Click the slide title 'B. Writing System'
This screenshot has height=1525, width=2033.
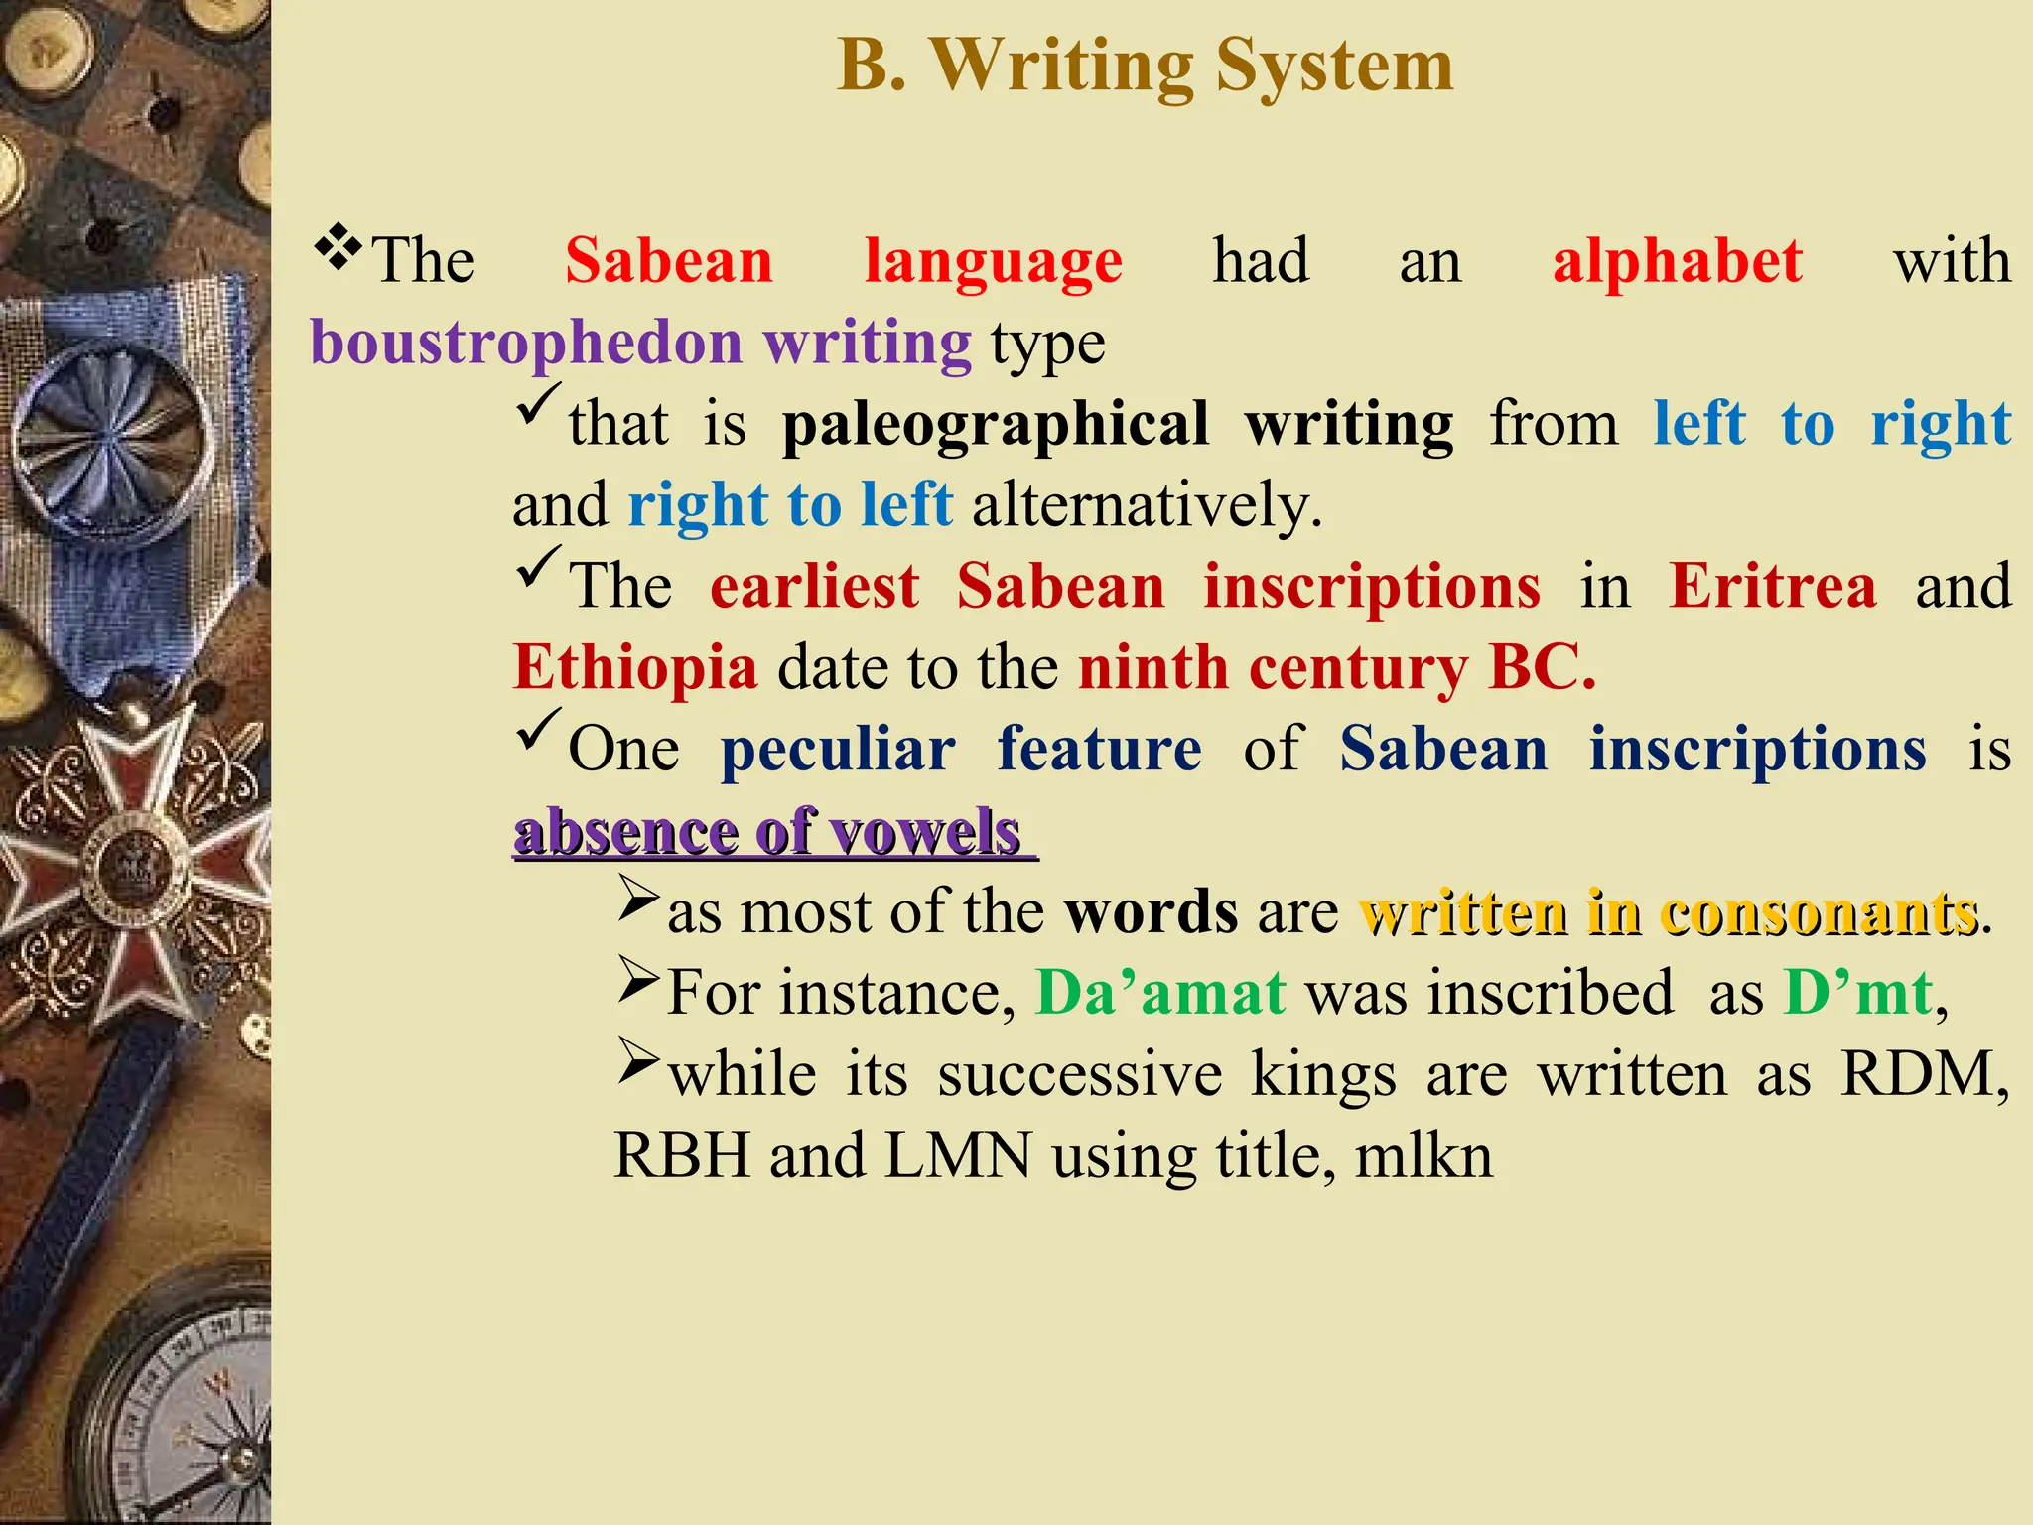[1145, 66]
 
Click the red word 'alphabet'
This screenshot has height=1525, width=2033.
[1677, 262]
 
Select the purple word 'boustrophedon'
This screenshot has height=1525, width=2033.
[526, 343]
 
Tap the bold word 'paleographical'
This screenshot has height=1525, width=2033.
[996, 425]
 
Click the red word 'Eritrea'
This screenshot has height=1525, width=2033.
[1772, 586]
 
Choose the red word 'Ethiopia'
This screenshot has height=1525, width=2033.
[635, 667]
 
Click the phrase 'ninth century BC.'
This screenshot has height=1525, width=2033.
[1337, 667]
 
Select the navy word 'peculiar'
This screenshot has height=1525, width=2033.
[838, 749]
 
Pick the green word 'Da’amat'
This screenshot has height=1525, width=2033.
[1160, 993]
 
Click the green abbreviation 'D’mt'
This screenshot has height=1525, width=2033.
[1857, 993]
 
